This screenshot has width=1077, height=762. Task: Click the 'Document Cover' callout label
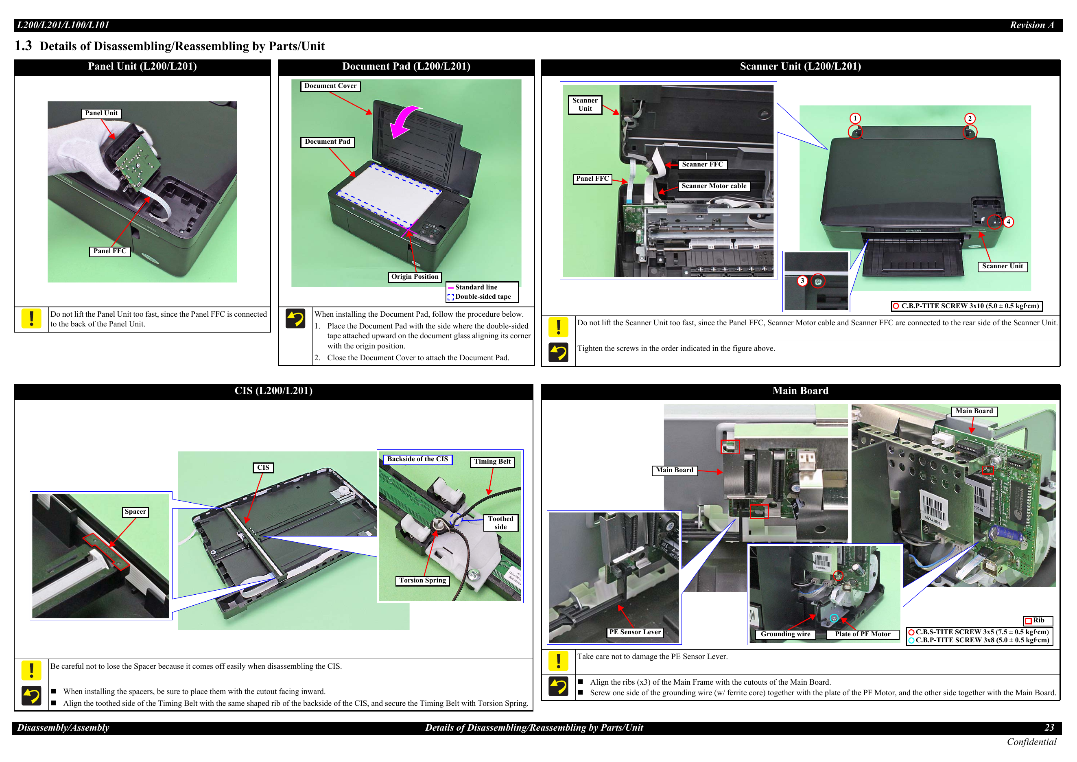point(330,86)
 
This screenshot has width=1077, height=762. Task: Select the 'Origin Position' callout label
point(415,277)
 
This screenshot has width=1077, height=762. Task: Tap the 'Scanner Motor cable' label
point(714,186)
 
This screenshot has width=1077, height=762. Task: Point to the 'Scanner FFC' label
point(702,165)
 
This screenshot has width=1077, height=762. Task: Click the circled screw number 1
point(855,118)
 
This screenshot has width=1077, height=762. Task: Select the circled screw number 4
point(1008,222)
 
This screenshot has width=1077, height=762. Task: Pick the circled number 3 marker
point(802,281)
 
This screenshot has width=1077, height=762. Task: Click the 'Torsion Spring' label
point(422,581)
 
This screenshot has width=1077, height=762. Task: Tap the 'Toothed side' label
point(500,523)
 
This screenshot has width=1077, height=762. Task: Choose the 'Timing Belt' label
point(492,462)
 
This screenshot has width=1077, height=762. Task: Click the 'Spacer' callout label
point(135,512)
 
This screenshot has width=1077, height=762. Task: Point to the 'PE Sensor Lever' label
point(635,633)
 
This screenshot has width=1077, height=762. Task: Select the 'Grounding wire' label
point(785,634)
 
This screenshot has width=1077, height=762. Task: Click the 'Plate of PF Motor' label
point(862,634)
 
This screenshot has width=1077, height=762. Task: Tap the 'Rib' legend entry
point(1038,621)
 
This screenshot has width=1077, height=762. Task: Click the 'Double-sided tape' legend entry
point(479,297)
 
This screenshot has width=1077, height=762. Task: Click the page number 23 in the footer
point(1049,728)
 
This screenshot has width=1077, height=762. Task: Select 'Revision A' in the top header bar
point(1031,25)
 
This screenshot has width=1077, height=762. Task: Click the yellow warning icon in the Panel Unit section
point(31,319)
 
